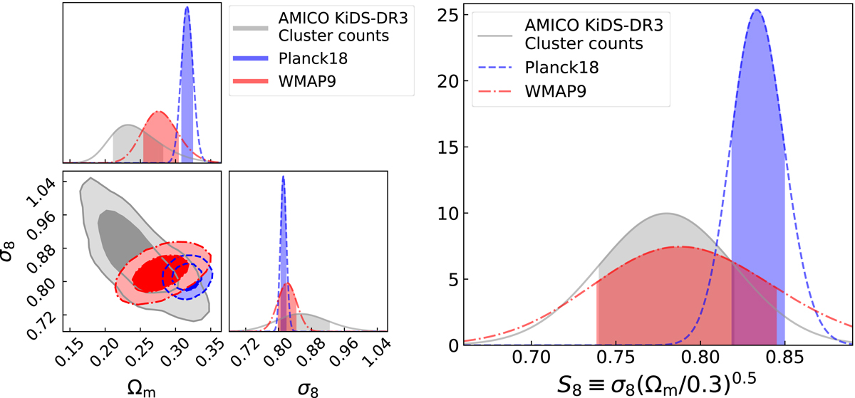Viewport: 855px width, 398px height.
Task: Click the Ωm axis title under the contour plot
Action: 142,384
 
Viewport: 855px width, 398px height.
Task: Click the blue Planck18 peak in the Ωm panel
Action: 187,8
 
